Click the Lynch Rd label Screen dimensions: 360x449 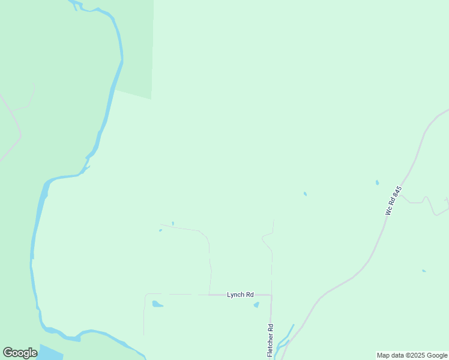240,295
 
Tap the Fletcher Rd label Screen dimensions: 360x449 271,340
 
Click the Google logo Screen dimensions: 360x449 20,353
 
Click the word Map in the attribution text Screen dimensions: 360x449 384,355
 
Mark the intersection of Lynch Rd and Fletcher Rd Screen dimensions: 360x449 271,295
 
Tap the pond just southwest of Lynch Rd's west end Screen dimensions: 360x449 157,304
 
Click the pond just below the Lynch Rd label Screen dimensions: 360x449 256,305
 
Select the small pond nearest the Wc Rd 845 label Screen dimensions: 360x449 377,182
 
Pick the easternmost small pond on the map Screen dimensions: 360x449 424,271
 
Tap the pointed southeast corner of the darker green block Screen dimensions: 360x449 151,98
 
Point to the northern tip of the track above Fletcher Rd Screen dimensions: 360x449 274,220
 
